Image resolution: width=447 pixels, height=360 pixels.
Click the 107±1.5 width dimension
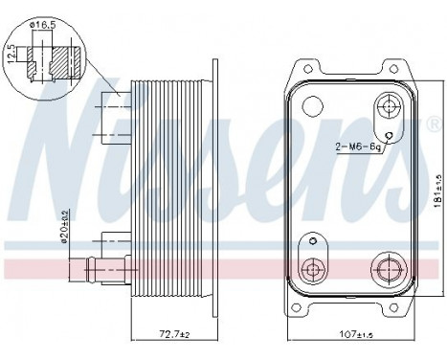point(348,332)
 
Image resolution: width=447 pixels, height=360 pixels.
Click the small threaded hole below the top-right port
point(390,133)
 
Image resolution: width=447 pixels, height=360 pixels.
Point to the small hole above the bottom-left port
point(311,240)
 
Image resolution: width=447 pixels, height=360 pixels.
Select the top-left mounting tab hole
point(303,68)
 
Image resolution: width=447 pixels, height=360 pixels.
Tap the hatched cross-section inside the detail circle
point(59,56)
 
